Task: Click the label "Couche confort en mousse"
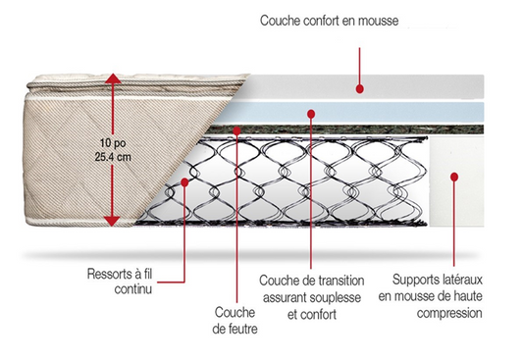(x=329, y=21)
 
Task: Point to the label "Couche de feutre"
(x=235, y=321)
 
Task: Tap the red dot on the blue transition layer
(x=312, y=113)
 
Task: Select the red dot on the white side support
(x=454, y=177)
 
